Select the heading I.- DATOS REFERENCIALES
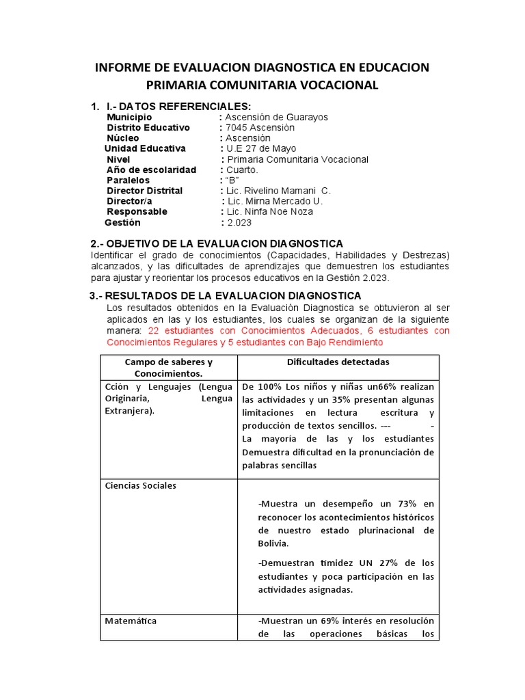[178, 106]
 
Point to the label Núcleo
[123, 138]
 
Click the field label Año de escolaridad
[151, 170]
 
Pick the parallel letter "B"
[232, 180]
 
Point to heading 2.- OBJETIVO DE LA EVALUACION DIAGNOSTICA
[217, 244]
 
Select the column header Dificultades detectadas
[339, 362]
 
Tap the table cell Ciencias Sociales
[140, 485]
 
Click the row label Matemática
[131, 621]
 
